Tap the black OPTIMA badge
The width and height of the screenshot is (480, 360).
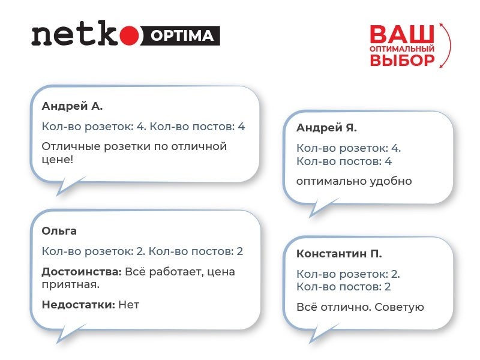(x=179, y=36)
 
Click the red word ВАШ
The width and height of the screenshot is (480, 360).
(x=401, y=34)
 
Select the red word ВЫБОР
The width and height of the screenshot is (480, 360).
(x=401, y=60)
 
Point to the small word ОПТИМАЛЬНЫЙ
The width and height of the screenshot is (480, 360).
(x=401, y=47)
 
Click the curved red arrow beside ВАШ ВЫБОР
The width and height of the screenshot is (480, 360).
(x=444, y=45)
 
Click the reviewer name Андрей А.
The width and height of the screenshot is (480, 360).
(x=72, y=106)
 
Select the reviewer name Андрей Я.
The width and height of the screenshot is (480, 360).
(x=326, y=128)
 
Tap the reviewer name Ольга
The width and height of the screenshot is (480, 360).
(x=59, y=231)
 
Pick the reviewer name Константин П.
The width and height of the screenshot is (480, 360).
(x=339, y=253)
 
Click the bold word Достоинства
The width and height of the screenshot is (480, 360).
(x=81, y=272)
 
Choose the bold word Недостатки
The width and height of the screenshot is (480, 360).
(x=78, y=305)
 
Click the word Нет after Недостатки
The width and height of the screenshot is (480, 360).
(x=128, y=305)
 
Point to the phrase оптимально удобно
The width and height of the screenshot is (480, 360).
(x=354, y=181)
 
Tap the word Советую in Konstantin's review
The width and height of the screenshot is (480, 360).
(x=399, y=307)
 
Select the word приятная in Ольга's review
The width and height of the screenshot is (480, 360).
(x=68, y=284)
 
